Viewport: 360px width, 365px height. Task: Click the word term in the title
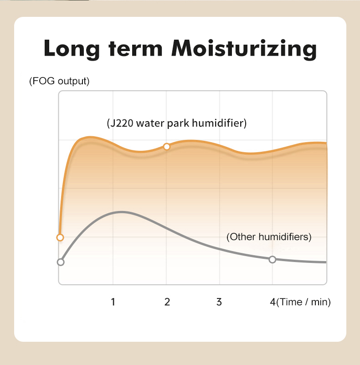135,48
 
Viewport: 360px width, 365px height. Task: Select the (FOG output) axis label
59,81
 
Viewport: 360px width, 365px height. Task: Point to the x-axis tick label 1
113,302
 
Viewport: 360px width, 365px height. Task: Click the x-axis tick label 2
167,302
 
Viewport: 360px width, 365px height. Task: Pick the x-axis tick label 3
219,302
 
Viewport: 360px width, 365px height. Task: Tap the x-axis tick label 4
273,302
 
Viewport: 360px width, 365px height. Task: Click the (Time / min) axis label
303,302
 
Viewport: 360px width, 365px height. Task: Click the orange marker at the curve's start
60,237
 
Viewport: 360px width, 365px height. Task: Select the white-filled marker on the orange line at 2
166,146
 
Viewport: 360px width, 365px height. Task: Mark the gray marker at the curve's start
61,262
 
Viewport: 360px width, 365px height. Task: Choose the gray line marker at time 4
273,259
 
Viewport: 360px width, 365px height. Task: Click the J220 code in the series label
121,123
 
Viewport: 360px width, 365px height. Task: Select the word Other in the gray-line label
242,237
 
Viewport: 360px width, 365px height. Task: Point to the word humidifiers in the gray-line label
283,237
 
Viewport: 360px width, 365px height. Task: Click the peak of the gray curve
121,212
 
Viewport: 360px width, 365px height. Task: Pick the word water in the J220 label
150,123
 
